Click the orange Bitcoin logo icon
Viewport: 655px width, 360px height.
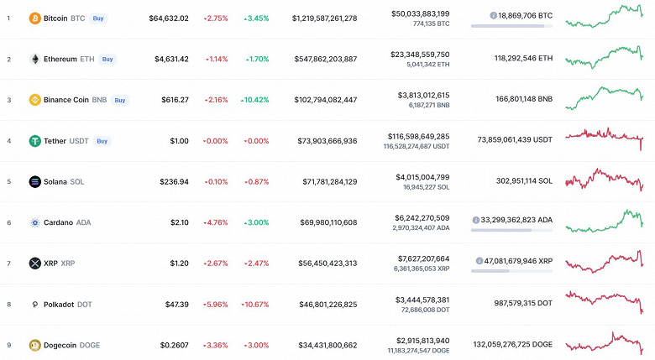[x=34, y=18]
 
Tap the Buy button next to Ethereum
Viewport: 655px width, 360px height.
[x=107, y=59]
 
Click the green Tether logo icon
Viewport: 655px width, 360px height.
[x=34, y=141]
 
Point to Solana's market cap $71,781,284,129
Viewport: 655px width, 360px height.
[x=324, y=182]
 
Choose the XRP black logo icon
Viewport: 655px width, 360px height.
[x=34, y=263]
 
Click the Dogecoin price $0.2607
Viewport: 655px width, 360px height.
[x=171, y=345]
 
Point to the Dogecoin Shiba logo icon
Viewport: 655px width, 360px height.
[x=34, y=345]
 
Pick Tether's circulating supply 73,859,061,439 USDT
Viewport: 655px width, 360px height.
[x=513, y=141]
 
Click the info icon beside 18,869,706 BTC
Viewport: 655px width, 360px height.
[x=493, y=15]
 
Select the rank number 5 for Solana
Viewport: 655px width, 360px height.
[x=8, y=182]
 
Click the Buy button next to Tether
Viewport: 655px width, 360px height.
[x=102, y=141]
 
